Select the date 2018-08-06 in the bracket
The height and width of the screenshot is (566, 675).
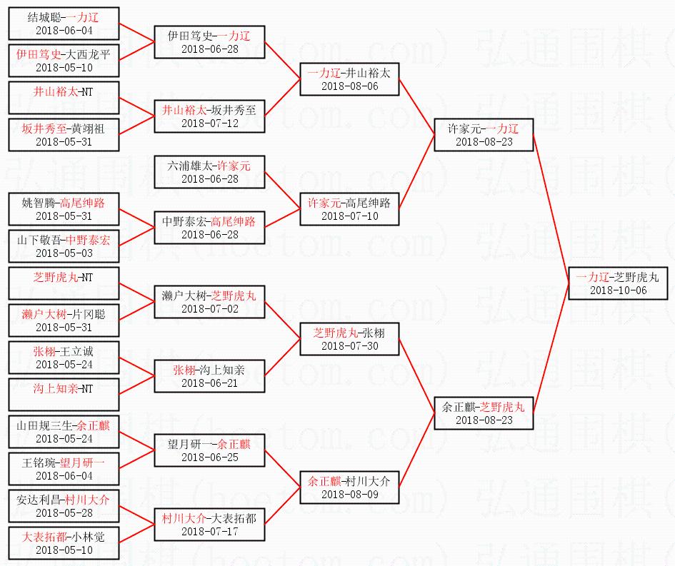tap(349, 86)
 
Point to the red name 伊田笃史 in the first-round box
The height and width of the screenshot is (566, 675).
tap(39, 54)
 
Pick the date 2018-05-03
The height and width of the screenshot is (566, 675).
tap(64, 253)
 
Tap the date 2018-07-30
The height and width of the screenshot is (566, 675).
tap(349, 345)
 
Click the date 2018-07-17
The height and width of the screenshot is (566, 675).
tap(210, 531)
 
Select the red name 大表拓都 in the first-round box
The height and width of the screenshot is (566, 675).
tap(44, 537)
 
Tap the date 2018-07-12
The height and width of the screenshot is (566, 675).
tap(210, 123)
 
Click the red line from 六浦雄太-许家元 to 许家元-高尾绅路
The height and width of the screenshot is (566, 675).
tap(282, 191)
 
